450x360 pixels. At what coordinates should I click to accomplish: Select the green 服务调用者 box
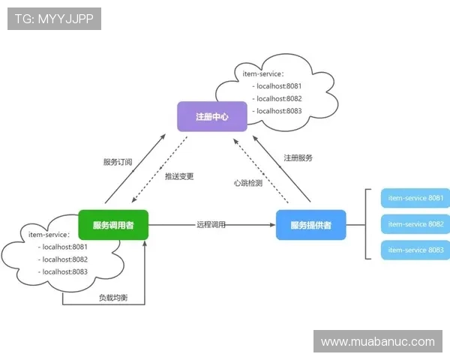point(113,225)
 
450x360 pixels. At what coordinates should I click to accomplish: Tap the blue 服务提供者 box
point(311,225)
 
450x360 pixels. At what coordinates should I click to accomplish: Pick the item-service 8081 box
point(415,199)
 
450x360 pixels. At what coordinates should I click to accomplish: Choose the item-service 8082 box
point(415,224)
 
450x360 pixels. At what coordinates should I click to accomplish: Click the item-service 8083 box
point(415,250)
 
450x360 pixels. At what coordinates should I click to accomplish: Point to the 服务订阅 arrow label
point(118,162)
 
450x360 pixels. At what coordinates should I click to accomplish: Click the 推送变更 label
point(179,177)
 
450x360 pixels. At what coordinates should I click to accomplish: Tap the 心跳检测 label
point(248,183)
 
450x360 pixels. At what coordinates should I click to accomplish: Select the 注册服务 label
point(298,158)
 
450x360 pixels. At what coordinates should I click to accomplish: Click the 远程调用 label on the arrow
point(211,224)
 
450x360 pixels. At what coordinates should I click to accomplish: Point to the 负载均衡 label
point(113,298)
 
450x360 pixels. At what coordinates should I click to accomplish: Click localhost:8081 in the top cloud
point(278,86)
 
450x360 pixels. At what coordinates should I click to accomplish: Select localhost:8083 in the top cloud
point(278,111)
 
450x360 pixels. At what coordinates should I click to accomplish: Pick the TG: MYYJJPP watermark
point(54,19)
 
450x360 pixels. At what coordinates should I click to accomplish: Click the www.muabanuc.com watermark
point(378,342)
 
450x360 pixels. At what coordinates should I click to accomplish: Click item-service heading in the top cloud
point(263,73)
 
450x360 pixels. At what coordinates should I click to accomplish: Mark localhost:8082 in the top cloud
point(278,98)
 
